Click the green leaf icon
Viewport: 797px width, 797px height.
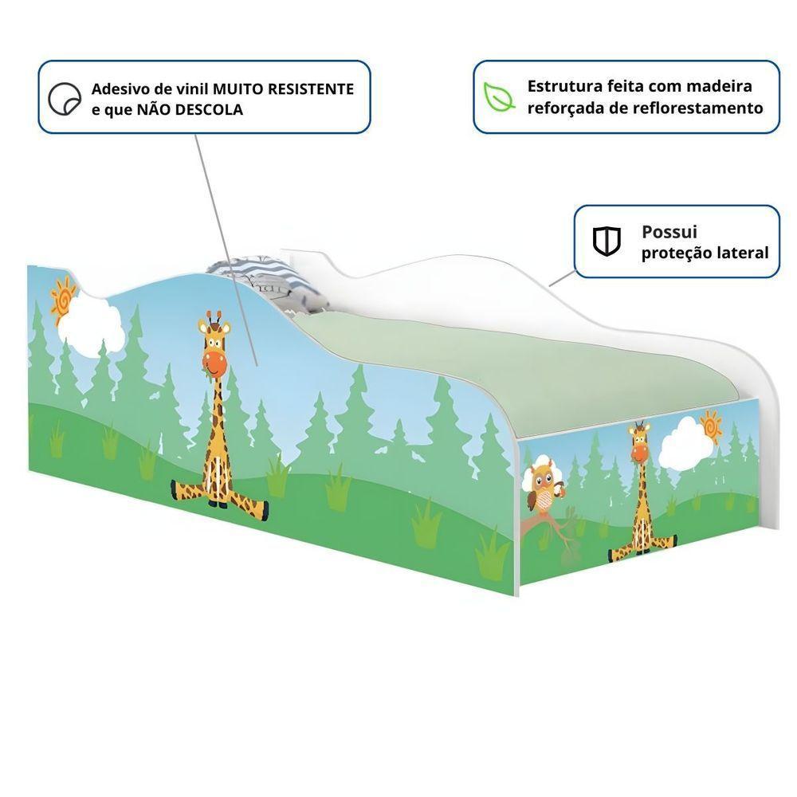pos(500,96)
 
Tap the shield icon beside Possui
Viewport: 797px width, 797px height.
pos(607,241)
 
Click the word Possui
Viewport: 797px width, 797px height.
pos(669,232)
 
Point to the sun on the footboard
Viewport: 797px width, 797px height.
pos(709,426)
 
